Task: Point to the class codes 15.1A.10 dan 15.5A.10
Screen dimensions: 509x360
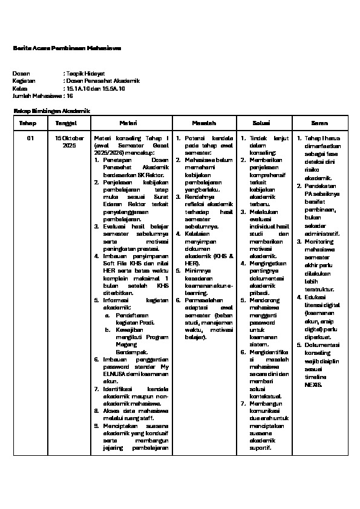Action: pos(96,88)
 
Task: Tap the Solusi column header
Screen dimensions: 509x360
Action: pos(266,123)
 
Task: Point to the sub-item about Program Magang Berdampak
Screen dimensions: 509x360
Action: pos(138,340)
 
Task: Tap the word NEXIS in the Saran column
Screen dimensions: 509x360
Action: pos(314,384)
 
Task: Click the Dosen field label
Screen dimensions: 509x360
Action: pos(21,73)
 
